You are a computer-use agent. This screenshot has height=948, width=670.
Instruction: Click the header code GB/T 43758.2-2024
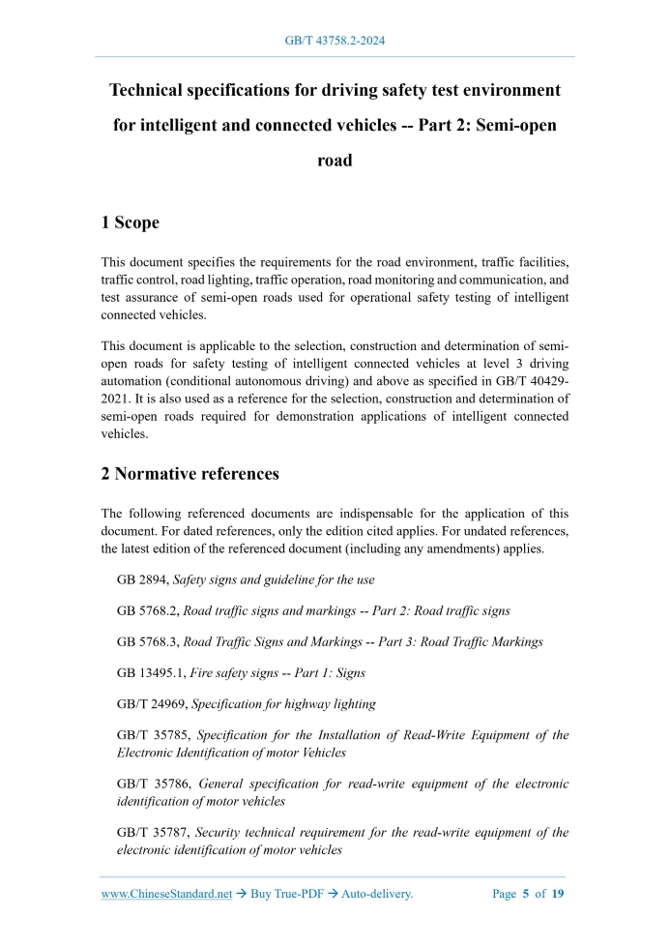[335, 41]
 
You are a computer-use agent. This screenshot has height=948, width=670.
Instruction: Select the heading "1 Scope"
[130, 222]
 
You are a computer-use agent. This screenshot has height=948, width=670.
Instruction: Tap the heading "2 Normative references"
[189, 474]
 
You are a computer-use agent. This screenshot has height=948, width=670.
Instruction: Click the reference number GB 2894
[141, 579]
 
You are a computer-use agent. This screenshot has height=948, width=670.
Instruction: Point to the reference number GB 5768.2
[147, 611]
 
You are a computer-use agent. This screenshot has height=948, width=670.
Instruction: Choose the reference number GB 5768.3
[147, 642]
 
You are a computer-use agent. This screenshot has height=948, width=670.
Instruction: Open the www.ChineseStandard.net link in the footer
[166, 895]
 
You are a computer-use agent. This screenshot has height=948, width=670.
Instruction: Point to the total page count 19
[558, 895]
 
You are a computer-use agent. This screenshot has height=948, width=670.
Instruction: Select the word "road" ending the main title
[335, 161]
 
